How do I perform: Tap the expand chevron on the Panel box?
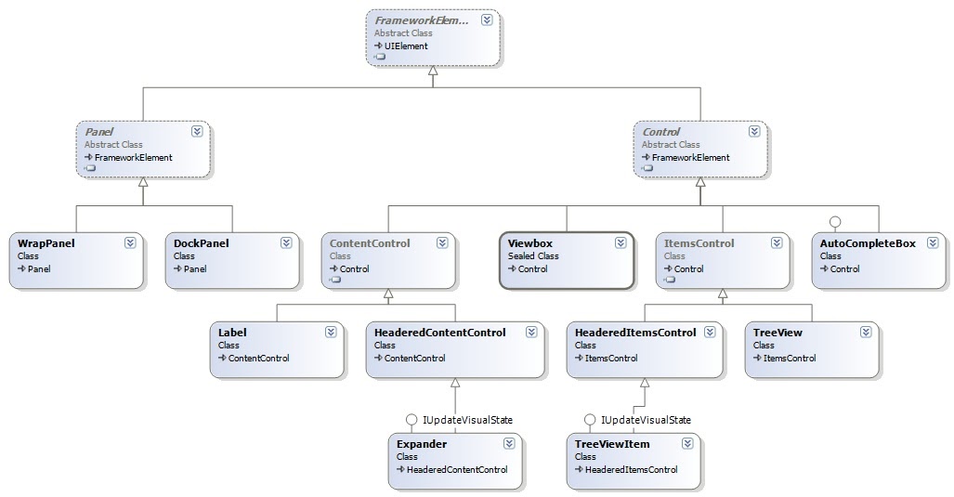point(197,132)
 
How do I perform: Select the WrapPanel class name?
point(46,243)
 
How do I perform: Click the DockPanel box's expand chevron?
point(286,243)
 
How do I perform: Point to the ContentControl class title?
point(369,243)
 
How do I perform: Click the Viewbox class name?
point(529,243)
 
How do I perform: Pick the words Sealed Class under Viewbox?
point(533,256)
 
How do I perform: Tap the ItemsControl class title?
point(699,243)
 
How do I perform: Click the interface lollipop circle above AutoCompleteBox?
point(834,221)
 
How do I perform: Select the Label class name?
point(232,333)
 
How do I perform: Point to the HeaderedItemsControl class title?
point(635,333)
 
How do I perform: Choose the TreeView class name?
point(778,333)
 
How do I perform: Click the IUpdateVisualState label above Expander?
point(467,420)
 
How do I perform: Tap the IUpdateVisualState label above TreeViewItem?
point(646,420)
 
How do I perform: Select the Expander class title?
point(421,444)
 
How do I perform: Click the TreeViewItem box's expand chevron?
point(687,444)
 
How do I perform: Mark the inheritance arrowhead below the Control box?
point(700,183)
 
